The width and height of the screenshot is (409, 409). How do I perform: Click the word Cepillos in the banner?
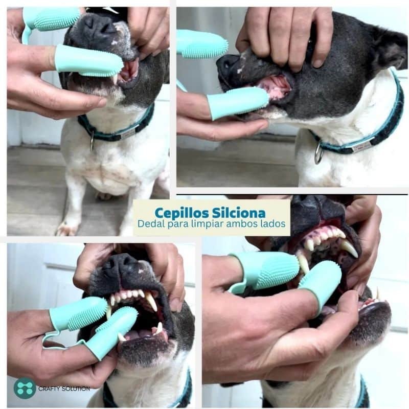[182, 213]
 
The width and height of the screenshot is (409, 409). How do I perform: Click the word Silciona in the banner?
[239, 213]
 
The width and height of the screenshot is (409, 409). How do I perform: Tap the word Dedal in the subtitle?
[151, 223]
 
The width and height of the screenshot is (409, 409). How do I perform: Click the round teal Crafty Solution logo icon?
[25, 388]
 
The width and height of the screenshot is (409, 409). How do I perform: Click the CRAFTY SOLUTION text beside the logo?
[64, 389]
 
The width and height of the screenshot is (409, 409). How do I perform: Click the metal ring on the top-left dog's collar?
[92, 141]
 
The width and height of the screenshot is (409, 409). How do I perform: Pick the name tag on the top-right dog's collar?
[360, 147]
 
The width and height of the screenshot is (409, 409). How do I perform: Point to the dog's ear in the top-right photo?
[389, 47]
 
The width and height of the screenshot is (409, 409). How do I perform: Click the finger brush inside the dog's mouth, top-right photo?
[238, 102]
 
